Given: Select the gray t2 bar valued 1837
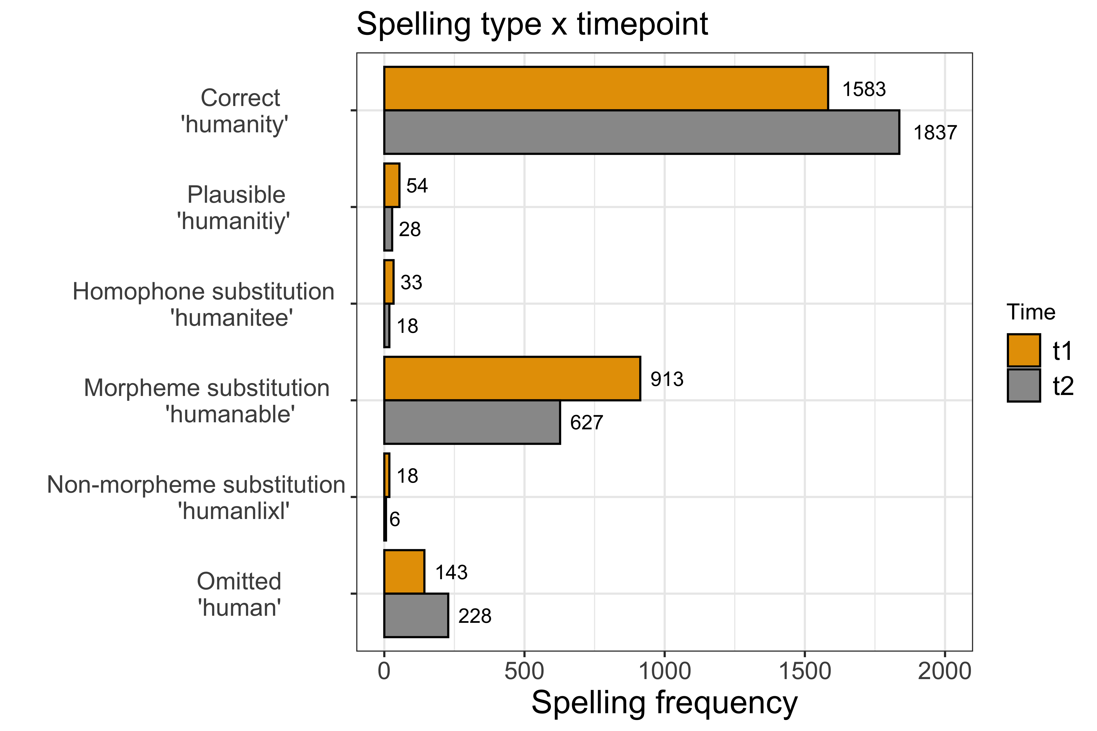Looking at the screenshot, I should tap(641, 132).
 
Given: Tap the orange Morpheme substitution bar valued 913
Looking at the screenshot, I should tap(512, 379).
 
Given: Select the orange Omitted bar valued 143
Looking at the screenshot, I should tap(404, 572).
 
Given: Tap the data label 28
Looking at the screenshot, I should tap(410, 229).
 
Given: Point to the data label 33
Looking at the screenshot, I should tap(411, 282).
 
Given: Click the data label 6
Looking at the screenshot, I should tap(395, 519).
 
